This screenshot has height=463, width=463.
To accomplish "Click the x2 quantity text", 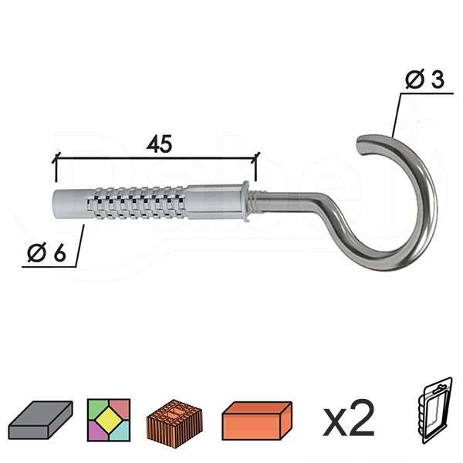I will [x=348, y=419].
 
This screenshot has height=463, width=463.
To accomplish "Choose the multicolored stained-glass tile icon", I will [x=109, y=418].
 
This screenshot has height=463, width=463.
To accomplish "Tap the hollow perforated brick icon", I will [x=174, y=419].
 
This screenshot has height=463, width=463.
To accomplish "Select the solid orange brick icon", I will [x=258, y=419].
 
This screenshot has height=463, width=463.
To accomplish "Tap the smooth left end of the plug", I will [x=66, y=202].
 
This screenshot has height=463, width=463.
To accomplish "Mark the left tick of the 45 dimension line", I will [x=56, y=161].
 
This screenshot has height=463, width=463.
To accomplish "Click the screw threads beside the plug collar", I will [x=261, y=202].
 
